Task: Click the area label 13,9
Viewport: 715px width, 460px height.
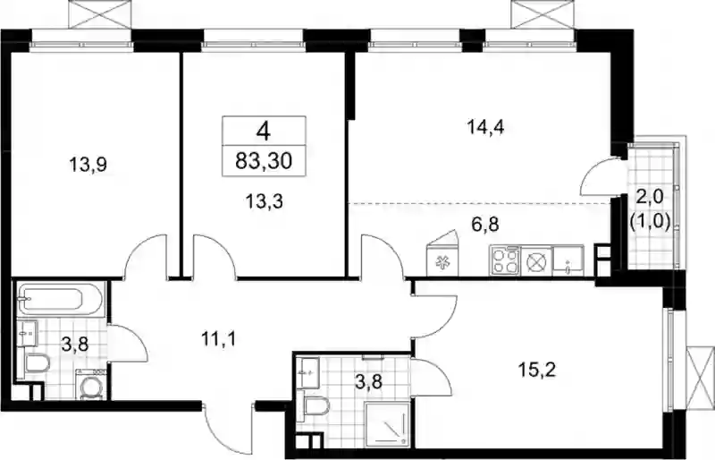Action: pos(88,164)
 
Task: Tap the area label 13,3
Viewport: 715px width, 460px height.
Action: pos(264,200)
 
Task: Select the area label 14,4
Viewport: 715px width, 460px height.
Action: pos(485,127)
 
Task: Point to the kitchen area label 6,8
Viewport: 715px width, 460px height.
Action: pos(485,225)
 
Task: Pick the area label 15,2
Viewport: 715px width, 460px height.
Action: pos(537,370)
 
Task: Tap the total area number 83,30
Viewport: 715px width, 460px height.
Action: pos(264,161)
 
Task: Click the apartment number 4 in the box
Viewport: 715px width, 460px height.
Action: pos(264,132)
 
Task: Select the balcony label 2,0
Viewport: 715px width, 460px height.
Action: pos(650,199)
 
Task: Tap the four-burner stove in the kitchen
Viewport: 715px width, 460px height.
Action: pos(504,260)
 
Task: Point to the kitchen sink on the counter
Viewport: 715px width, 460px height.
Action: pos(568,260)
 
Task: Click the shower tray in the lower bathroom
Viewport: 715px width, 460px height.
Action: pos(387,423)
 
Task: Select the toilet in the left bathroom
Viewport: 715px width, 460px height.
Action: pos(37,364)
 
